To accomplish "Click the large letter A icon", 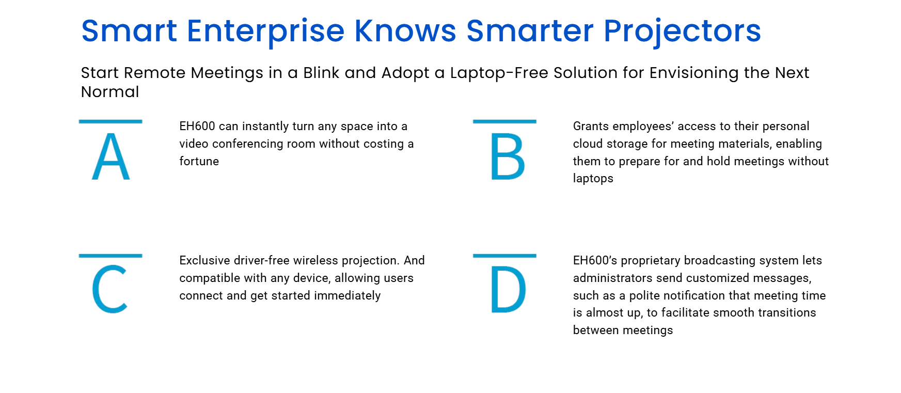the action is [110, 156].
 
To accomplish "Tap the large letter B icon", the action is [508, 156].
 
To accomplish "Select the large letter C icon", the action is [109, 290].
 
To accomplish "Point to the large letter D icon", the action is [509, 290].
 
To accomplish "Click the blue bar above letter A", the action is [110, 121].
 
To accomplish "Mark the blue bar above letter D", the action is [504, 256].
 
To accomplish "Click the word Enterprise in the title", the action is [265, 32].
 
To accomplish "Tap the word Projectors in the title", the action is [682, 32].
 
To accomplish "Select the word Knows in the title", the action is [405, 30].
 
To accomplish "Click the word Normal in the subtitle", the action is [110, 92].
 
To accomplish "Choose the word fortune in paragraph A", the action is [199, 161].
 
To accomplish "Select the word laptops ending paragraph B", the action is [593, 179].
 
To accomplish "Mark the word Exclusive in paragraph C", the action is [204, 260].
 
